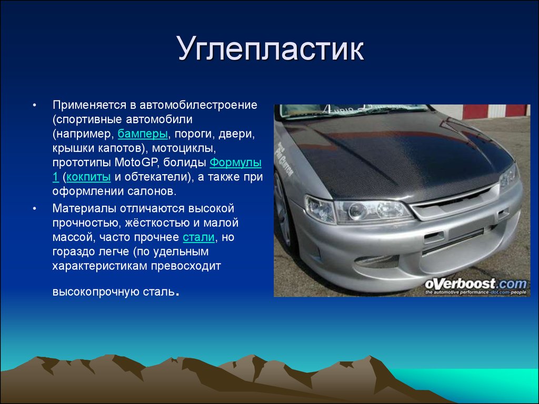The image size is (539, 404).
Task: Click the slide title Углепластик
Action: tap(271, 49)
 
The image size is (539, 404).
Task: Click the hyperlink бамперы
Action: tap(143, 134)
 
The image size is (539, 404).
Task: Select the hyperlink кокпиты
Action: tap(88, 177)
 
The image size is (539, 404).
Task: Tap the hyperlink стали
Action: tap(198, 237)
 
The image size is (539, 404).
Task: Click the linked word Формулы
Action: tap(235, 162)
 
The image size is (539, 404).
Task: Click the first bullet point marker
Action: tap(34, 105)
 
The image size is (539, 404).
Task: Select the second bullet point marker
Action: tap(34, 208)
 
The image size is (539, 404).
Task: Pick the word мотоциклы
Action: tap(184, 148)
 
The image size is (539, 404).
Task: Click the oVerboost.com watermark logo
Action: tap(475, 286)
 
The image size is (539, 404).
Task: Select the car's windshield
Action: tap(354, 110)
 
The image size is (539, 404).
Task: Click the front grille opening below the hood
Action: tap(454, 199)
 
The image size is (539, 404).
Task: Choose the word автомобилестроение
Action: tap(198, 105)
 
